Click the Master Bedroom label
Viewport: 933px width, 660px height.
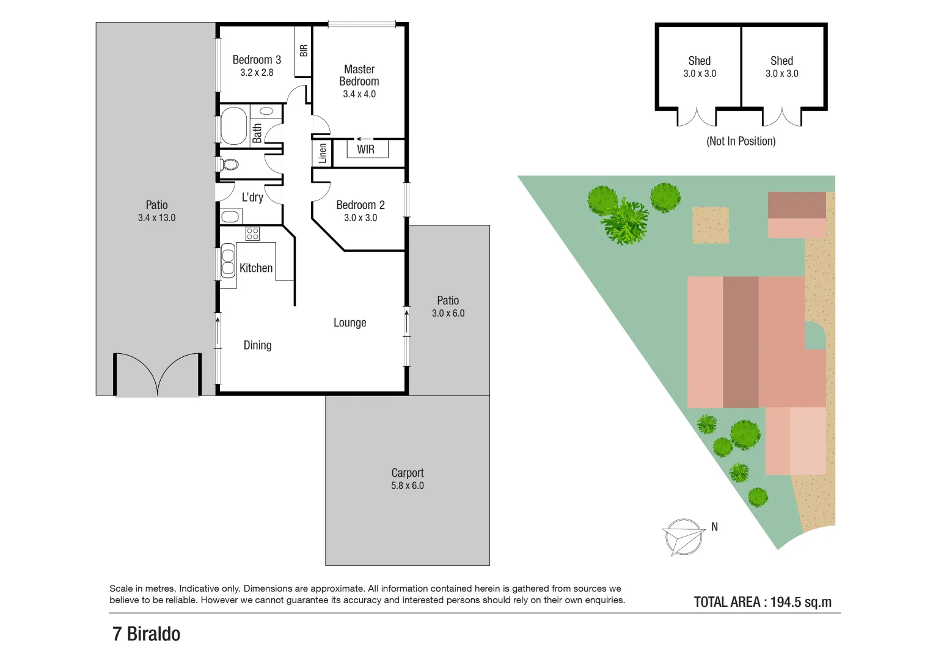point(359,75)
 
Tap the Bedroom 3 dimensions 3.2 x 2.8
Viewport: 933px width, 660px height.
point(257,73)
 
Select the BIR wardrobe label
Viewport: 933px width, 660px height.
point(304,51)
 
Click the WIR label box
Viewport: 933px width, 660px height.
point(367,149)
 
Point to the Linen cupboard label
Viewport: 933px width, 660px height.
point(323,153)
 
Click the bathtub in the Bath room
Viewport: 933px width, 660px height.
point(233,126)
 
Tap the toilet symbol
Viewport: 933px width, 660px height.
point(229,164)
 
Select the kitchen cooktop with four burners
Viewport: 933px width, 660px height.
point(252,233)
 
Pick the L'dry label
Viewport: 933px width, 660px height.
point(252,197)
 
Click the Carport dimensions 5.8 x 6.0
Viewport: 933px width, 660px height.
point(408,486)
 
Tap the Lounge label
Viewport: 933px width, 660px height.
point(349,323)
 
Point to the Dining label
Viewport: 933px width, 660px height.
point(257,345)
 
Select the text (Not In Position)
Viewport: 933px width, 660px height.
point(741,141)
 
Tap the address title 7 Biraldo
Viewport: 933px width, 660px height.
point(147,634)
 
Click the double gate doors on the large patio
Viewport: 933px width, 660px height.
point(158,375)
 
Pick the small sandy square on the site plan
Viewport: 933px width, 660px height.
point(710,226)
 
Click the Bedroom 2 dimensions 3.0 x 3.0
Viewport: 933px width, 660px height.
point(360,218)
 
